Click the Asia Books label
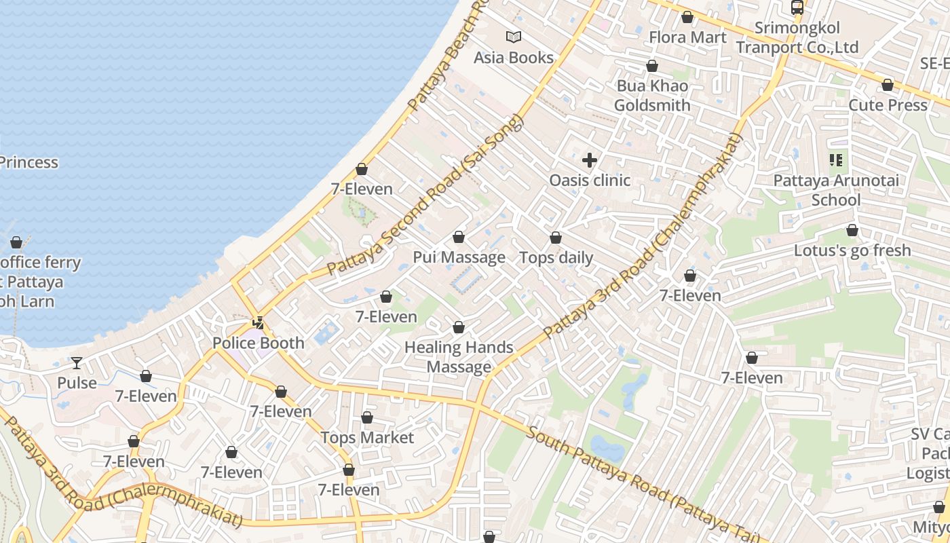point(514,58)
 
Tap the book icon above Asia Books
point(514,37)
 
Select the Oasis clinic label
point(590,181)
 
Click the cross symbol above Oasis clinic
point(590,160)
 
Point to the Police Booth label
point(259,343)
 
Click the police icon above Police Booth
point(259,323)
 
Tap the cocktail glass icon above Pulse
point(77,363)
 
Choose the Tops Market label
point(367,438)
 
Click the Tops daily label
point(556,258)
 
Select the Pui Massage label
point(459,257)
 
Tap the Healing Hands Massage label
point(459,357)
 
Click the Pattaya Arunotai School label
point(836,190)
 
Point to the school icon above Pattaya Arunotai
point(836,160)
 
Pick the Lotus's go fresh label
point(852,250)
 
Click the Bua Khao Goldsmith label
point(652,96)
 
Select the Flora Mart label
point(687,37)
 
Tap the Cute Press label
point(888,105)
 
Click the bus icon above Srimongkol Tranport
point(797,7)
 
